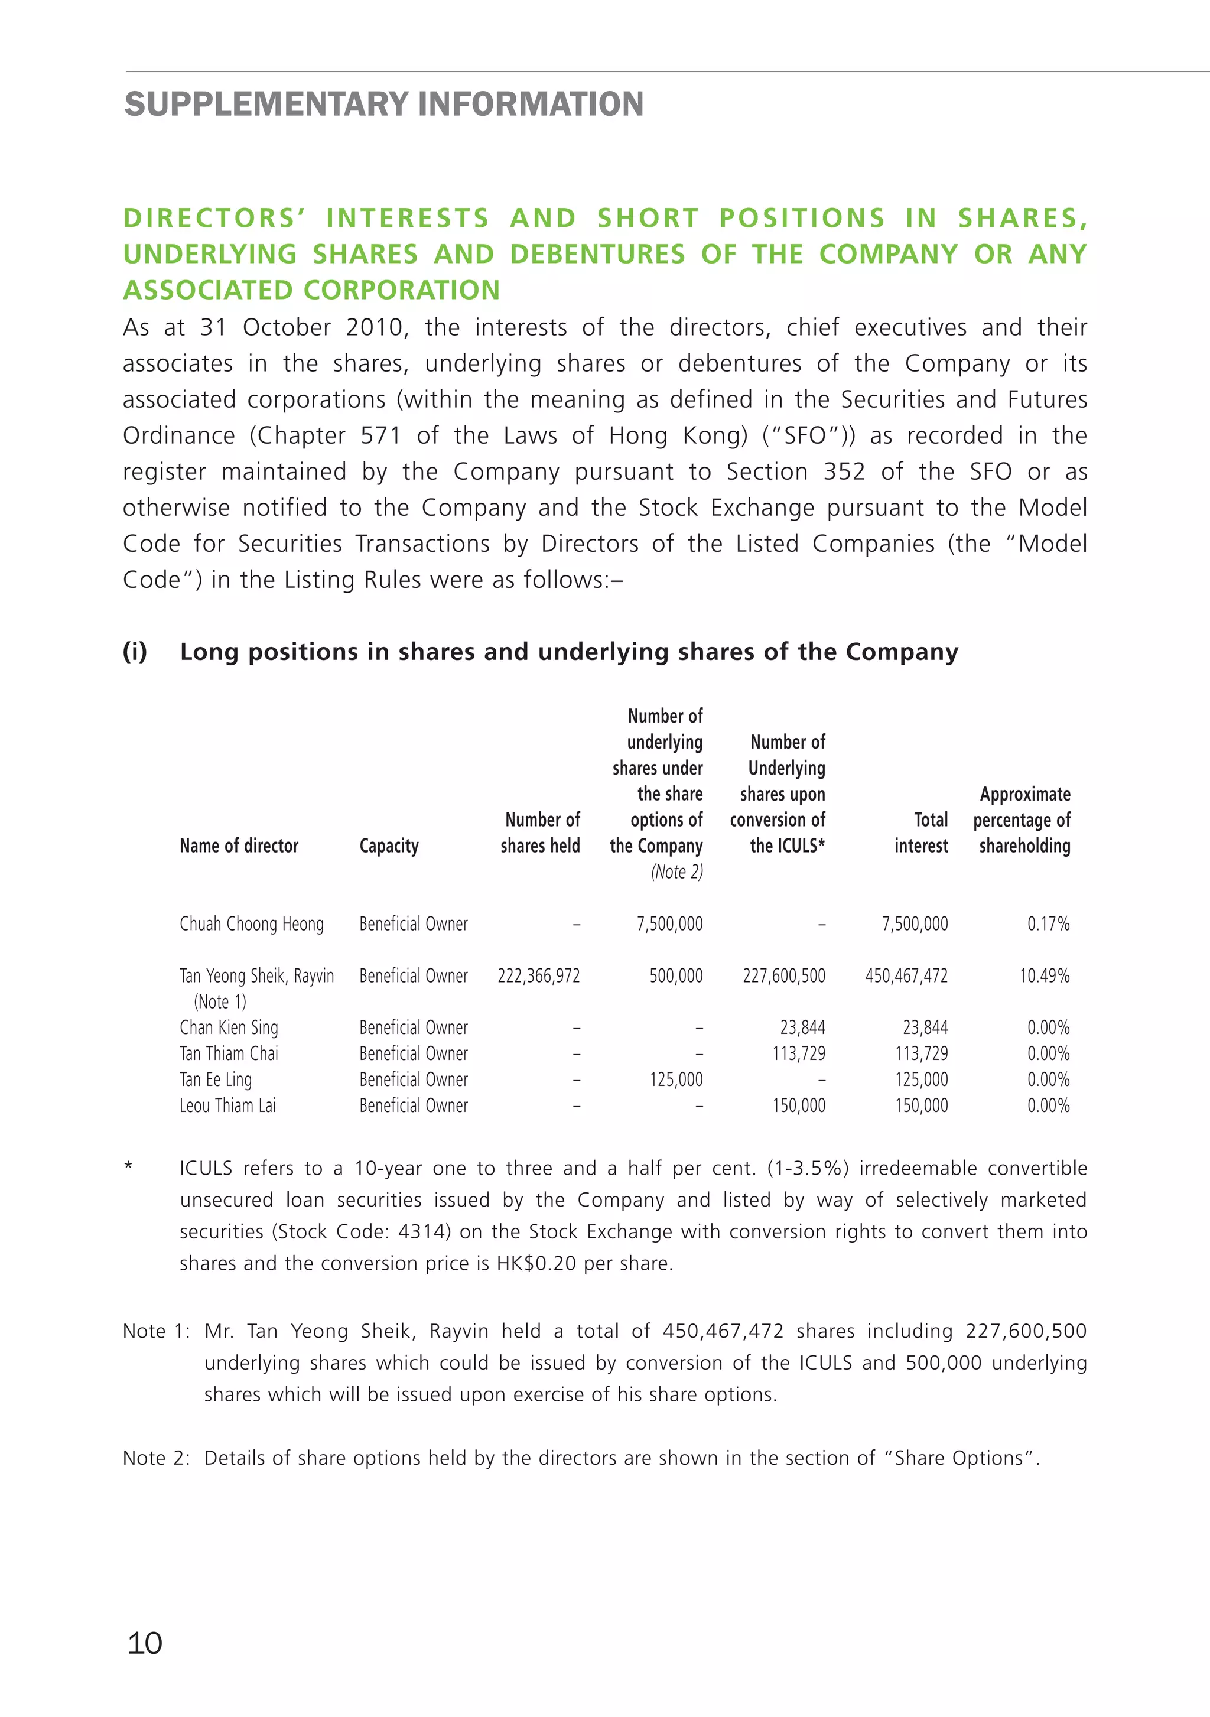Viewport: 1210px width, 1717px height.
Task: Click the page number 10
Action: point(145,1643)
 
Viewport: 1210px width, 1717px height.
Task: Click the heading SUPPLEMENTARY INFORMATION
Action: point(383,104)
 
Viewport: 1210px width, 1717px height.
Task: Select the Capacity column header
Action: point(389,846)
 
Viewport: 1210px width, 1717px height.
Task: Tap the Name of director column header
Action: point(239,846)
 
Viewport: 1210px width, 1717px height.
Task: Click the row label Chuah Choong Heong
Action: point(251,924)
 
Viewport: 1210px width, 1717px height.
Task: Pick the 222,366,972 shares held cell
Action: point(538,976)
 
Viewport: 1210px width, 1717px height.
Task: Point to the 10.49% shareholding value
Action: point(1044,976)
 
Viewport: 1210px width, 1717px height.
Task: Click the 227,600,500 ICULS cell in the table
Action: point(784,976)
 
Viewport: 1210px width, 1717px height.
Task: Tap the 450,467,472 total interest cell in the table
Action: point(906,976)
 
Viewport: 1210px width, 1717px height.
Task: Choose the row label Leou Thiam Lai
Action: point(227,1105)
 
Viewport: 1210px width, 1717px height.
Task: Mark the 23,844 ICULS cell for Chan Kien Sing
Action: point(802,1027)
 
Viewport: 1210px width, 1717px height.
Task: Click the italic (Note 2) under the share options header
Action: point(677,872)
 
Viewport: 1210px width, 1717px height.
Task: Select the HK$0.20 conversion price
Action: point(536,1263)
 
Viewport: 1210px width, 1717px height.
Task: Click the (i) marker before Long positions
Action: point(135,652)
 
